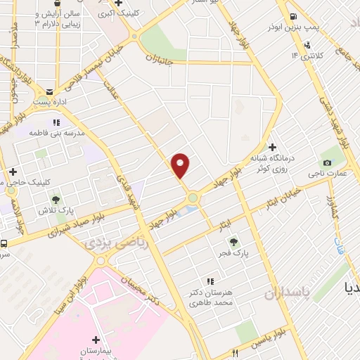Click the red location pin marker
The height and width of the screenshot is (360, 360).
click(x=181, y=166)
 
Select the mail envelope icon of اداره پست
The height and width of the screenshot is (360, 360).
click(x=49, y=91)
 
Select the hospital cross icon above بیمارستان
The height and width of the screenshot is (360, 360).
click(x=96, y=339)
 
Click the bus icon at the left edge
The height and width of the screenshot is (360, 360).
click(x=4, y=244)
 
